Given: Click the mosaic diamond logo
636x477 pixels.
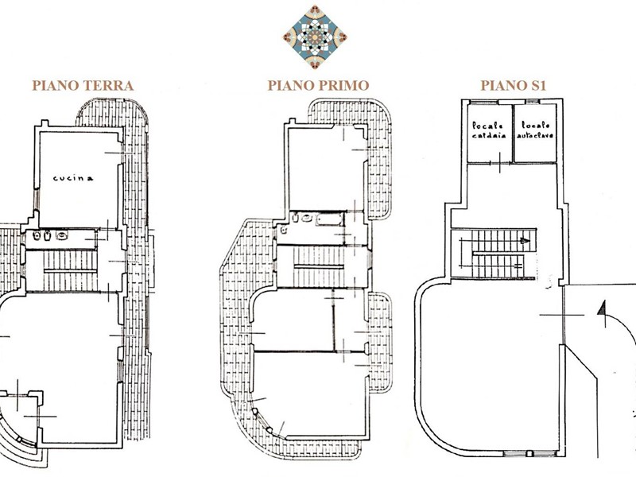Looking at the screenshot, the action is coord(315,37).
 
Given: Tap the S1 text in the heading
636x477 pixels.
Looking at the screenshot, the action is coord(539,86).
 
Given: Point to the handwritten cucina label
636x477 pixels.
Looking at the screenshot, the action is coord(73,178).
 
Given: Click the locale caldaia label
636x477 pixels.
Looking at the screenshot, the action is coord(489,130).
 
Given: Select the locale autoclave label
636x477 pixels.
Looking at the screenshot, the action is coord(535,130).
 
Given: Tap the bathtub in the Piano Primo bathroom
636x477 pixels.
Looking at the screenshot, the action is coord(330,219).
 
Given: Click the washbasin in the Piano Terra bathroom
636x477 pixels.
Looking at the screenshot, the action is coord(62,235).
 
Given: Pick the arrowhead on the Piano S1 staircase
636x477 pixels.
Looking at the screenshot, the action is coord(525,241).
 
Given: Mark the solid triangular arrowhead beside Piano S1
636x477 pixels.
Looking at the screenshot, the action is coord(602,308).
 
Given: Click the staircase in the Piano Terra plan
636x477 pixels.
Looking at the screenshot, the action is coord(70,270).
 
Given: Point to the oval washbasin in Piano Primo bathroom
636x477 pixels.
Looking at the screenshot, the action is coord(307,218).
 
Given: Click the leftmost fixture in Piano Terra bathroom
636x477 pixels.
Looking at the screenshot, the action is coord(37,235).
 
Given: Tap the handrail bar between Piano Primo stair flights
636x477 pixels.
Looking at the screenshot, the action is coord(319,266).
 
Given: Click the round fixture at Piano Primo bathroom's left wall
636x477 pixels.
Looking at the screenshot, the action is coord(284,231).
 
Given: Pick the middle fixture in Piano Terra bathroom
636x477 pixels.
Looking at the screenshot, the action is coord(48,235).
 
